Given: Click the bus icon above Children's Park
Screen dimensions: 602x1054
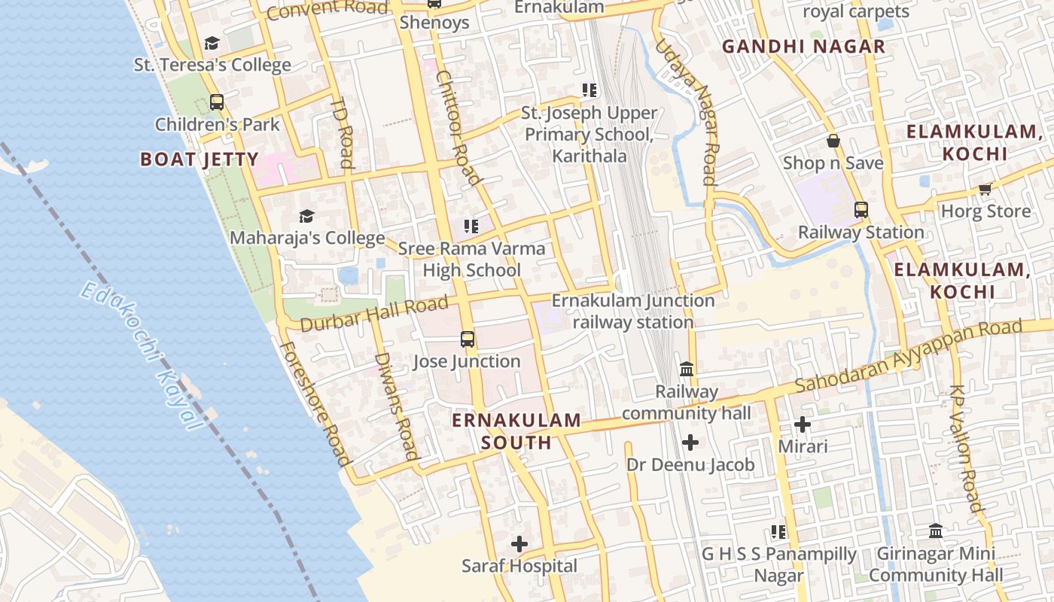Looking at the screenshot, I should click(217, 102).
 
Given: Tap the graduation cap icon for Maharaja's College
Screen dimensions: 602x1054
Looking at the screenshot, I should click(306, 217).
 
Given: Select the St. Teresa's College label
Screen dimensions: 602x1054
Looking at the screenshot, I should click(212, 65).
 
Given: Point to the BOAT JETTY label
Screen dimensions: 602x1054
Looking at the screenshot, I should click(200, 160).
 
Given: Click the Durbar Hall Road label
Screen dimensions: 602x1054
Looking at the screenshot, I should click(374, 314).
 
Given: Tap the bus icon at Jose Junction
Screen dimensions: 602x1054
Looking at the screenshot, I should click(468, 339).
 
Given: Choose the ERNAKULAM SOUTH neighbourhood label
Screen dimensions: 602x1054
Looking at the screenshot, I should click(516, 431).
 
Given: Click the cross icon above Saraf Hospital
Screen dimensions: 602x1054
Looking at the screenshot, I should click(519, 543).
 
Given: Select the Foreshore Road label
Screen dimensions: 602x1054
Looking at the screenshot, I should click(315, 403).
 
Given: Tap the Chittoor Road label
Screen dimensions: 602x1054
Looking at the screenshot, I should click(458, 128).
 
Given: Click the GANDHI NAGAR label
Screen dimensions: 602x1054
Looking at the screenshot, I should click(803, 47).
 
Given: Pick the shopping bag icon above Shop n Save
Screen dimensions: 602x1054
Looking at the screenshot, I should click(833, 141).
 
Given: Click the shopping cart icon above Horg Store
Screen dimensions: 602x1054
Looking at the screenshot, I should click(985, 189).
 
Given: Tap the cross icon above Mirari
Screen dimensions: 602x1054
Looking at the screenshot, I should click(803, 424).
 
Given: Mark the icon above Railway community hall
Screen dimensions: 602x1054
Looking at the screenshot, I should click(687, 369).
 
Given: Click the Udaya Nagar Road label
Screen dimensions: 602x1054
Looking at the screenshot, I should click(687, 112).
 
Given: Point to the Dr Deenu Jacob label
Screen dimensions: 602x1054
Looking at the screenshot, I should click(690, 465).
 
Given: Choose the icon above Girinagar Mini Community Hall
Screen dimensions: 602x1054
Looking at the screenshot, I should click(936, 531).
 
